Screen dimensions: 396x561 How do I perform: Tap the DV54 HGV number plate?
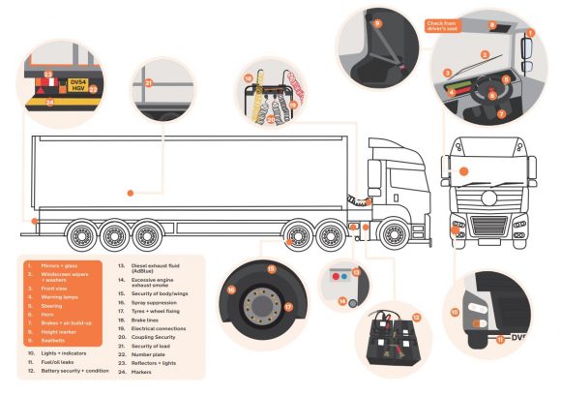[x=78, y=85]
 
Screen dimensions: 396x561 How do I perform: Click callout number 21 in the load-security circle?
[x=148, y=83]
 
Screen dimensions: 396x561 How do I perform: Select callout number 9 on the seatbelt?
[x=376, y=22]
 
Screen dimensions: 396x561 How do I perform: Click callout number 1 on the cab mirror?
[x=529, y=34]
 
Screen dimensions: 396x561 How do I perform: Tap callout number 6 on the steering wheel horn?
[x=491, y=95]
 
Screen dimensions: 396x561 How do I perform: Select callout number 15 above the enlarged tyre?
[x=272, y=268]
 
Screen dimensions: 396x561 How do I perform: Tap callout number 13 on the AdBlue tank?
[x=355, y=274]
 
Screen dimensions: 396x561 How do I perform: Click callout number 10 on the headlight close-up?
[x=454, y=312]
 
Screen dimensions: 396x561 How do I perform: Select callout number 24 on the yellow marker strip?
[x=49, y=101]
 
